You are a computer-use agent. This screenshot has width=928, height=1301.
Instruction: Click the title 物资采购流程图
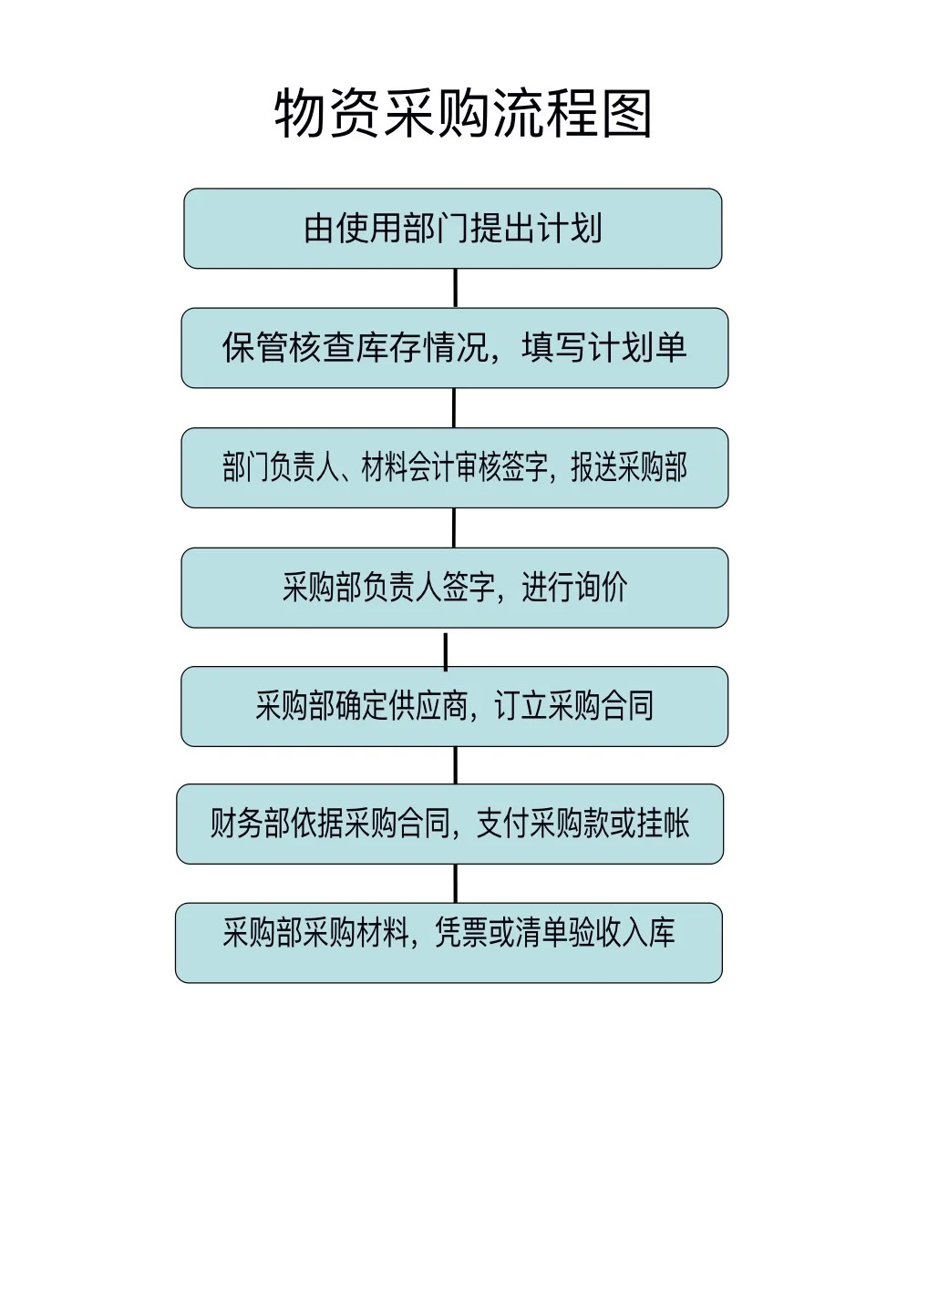click(463, 114)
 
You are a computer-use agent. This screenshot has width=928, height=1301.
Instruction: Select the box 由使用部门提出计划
click(453, 229)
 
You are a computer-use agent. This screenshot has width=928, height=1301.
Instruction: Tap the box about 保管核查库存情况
click(454, 348)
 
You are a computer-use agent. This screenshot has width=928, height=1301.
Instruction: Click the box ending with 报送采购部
click(454, 467)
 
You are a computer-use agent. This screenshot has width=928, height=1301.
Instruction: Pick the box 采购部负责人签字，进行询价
click(454, 588)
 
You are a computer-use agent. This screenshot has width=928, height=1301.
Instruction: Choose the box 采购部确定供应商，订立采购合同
click(454, 706)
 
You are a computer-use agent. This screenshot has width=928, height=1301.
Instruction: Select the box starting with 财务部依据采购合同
click(449, 824)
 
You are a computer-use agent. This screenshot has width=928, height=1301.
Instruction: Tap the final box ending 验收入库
click(449, 942)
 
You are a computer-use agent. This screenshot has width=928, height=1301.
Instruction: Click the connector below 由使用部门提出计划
click(455, 288)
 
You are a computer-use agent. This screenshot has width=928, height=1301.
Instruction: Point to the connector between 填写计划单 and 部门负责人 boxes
click(454, 407)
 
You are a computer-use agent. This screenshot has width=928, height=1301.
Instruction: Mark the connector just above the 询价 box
click(454, 528)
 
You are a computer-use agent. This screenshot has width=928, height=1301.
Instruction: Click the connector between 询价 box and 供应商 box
click(446, 648)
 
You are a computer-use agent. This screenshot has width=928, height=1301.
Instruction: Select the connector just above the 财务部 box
click(455, 765)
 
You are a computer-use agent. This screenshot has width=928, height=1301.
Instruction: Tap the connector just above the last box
click(455, 883)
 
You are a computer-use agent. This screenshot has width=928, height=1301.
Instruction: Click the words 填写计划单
click(604, 348)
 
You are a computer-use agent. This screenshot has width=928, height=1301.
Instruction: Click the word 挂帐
click(663, 824)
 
